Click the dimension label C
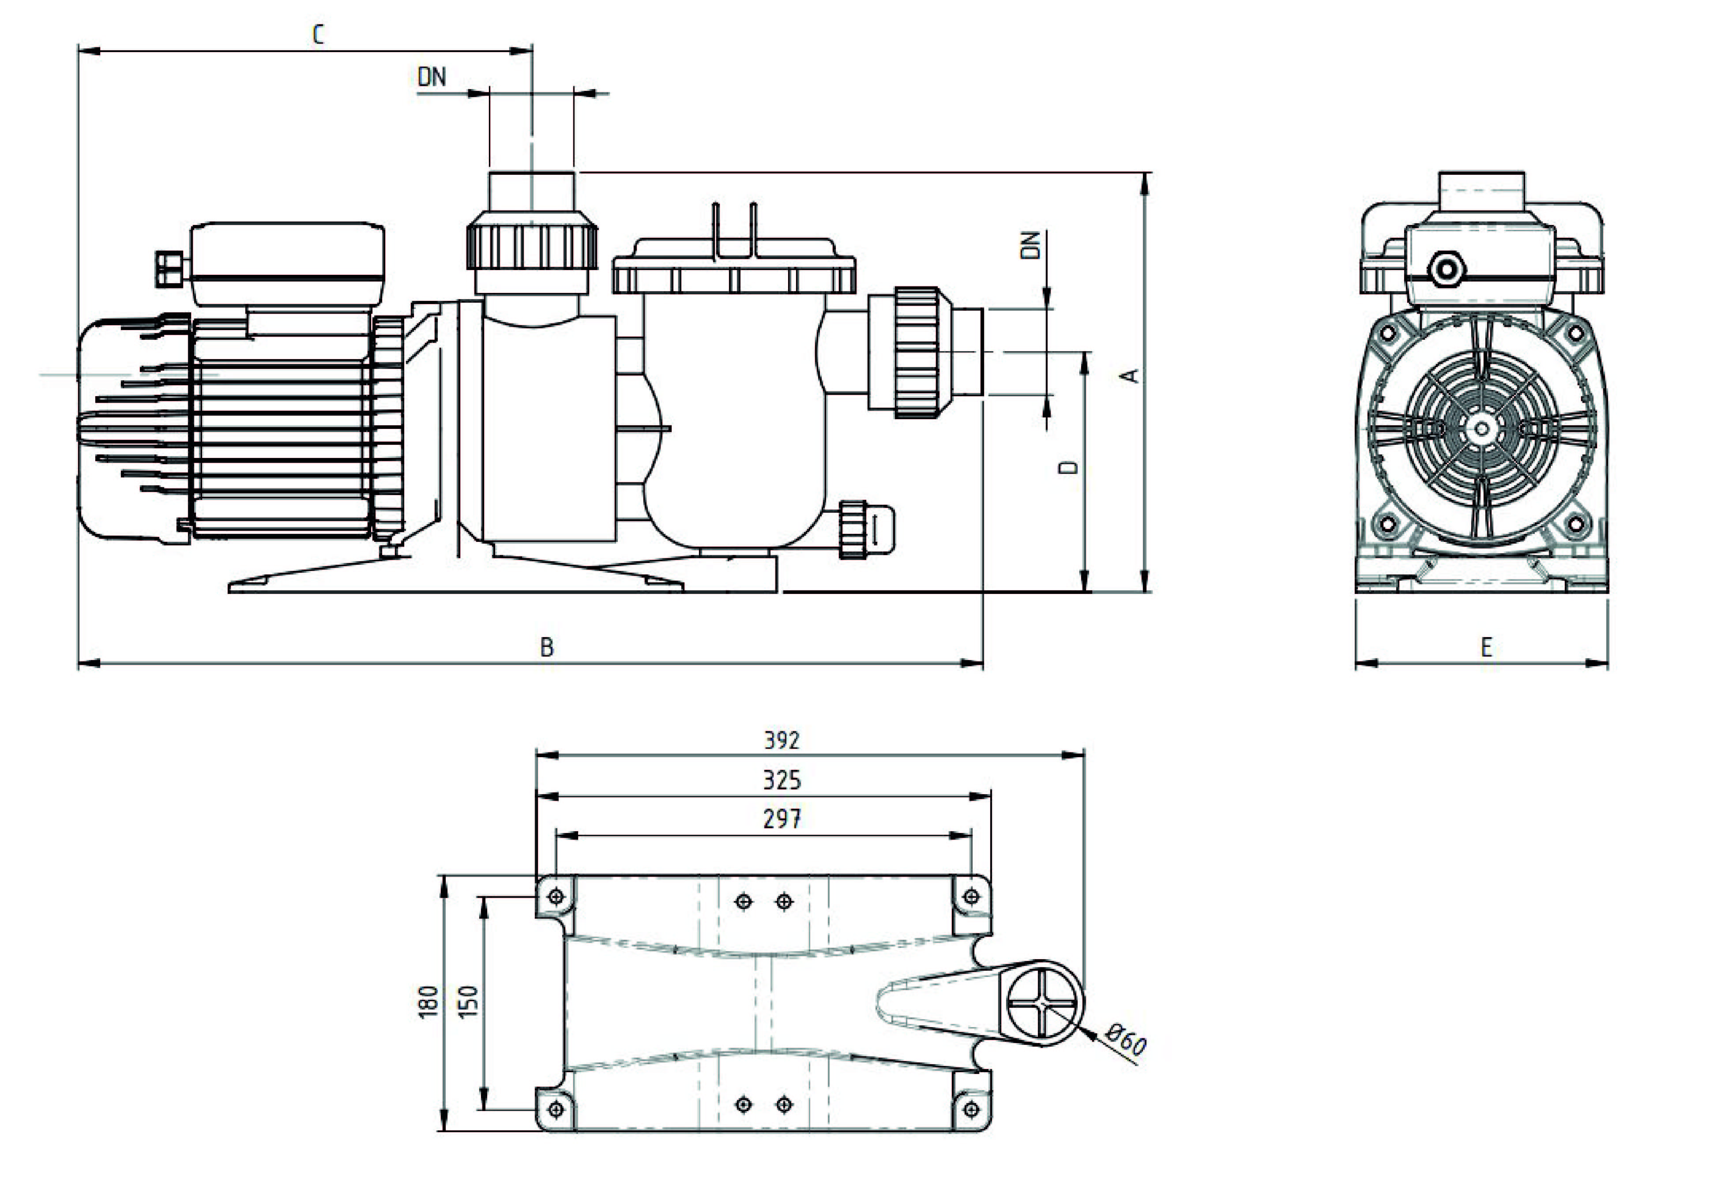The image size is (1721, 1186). click(x=318, y=34)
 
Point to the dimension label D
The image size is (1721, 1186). click(x=1069, y=467)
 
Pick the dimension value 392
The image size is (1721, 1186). click(x=782, y=740)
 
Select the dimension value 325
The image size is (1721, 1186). click(x=782, y=780)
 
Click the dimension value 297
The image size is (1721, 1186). click(x=782, y=819)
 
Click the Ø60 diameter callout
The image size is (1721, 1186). click(x=1126, y=1040)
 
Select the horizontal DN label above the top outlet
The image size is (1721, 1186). click(x=432, y=76)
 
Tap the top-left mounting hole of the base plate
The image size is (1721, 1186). click(x=556, y=897)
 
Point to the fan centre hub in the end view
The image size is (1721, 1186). click(x=1482, y=429)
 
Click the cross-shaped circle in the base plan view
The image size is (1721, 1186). click(x=1043, y=1003)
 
